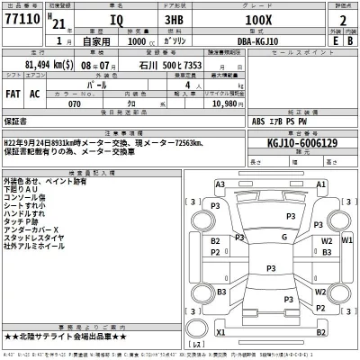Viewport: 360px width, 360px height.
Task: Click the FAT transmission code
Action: pos(13,91)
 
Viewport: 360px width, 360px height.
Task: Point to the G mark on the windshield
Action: pos(283,238)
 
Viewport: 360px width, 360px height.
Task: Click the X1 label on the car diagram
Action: pos(220,332)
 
